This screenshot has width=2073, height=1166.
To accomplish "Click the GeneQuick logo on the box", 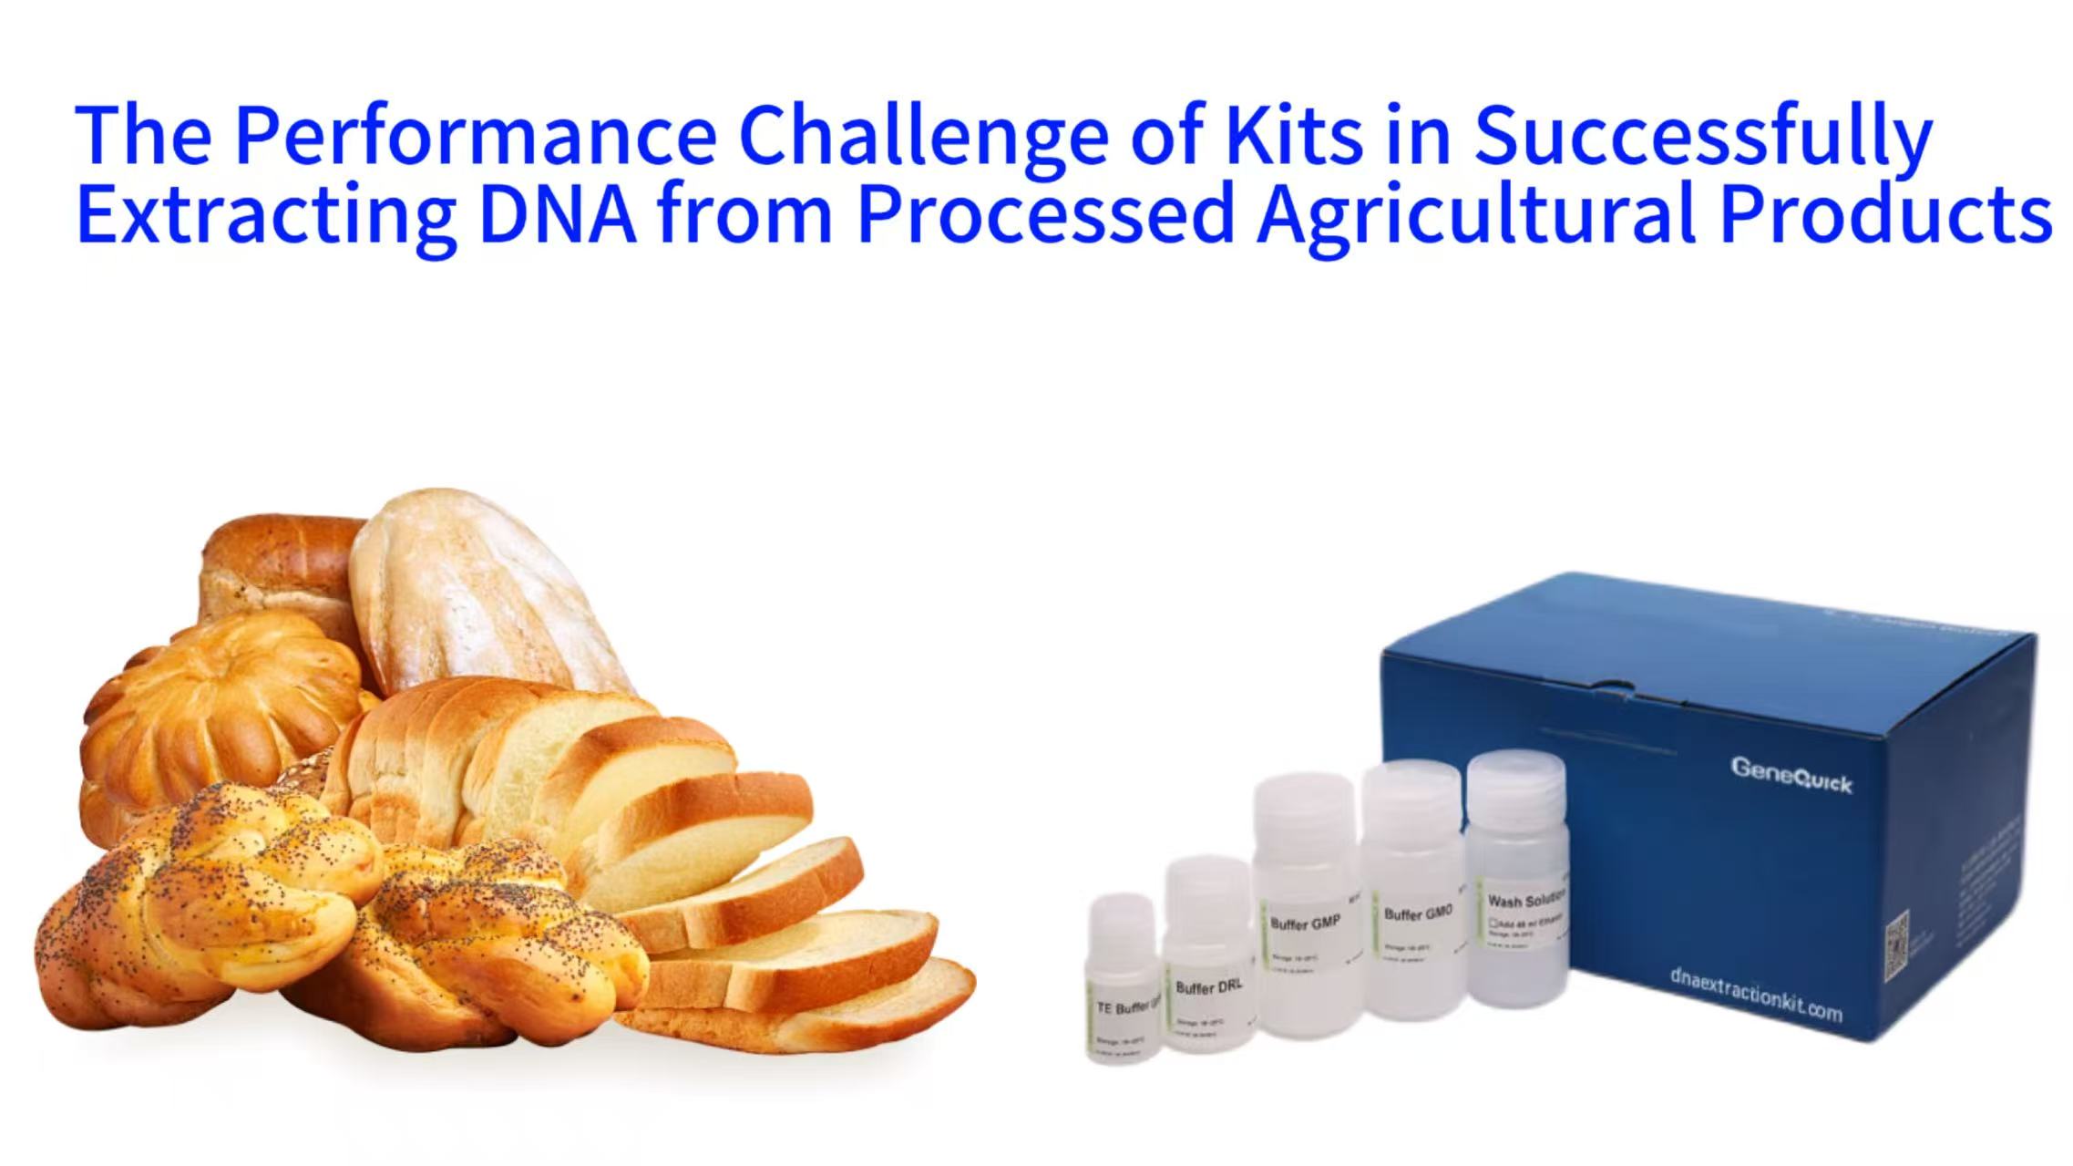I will (x=1791, y=776).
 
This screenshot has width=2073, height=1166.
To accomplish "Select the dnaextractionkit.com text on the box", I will (x=1755, y=993).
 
